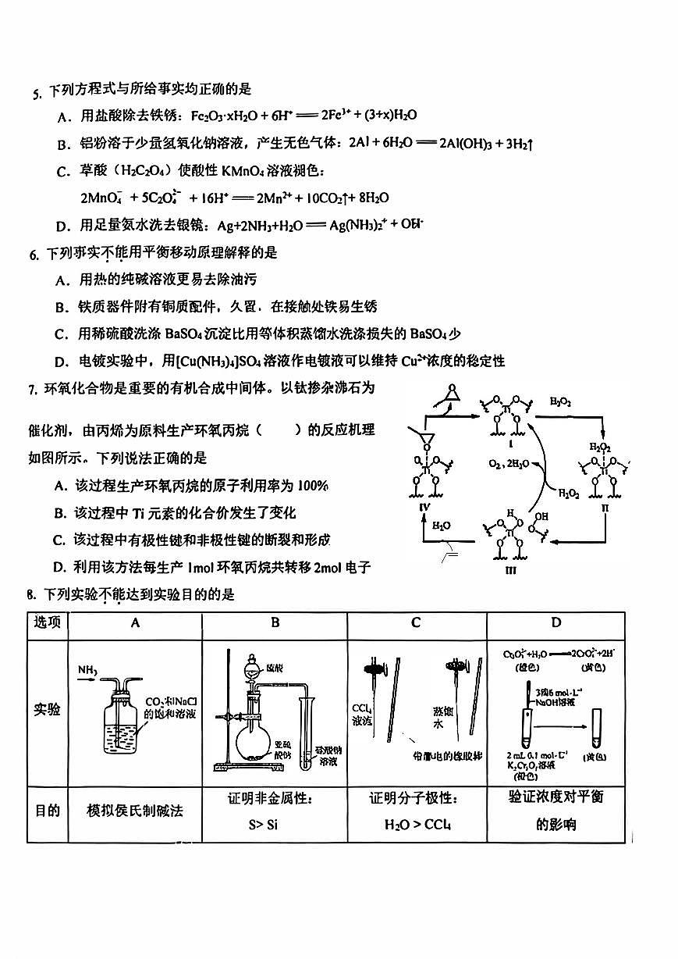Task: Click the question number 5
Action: (x=35, y=94)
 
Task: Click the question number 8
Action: (x=30, y=595)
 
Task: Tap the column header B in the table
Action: (x=275, y=622)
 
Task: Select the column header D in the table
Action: (x=556, y=622)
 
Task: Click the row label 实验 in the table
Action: (x=47, y=711)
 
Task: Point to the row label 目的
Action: (x=47, y=811)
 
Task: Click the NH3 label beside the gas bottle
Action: (x=87, y=670)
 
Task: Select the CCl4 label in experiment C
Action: (x=360, y=708)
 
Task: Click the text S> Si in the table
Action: (x=263, y=825)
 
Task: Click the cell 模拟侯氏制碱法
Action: (x=135, y=811)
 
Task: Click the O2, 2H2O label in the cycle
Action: (x=509, y=463)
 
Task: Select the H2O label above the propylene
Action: (x=441, y=526)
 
